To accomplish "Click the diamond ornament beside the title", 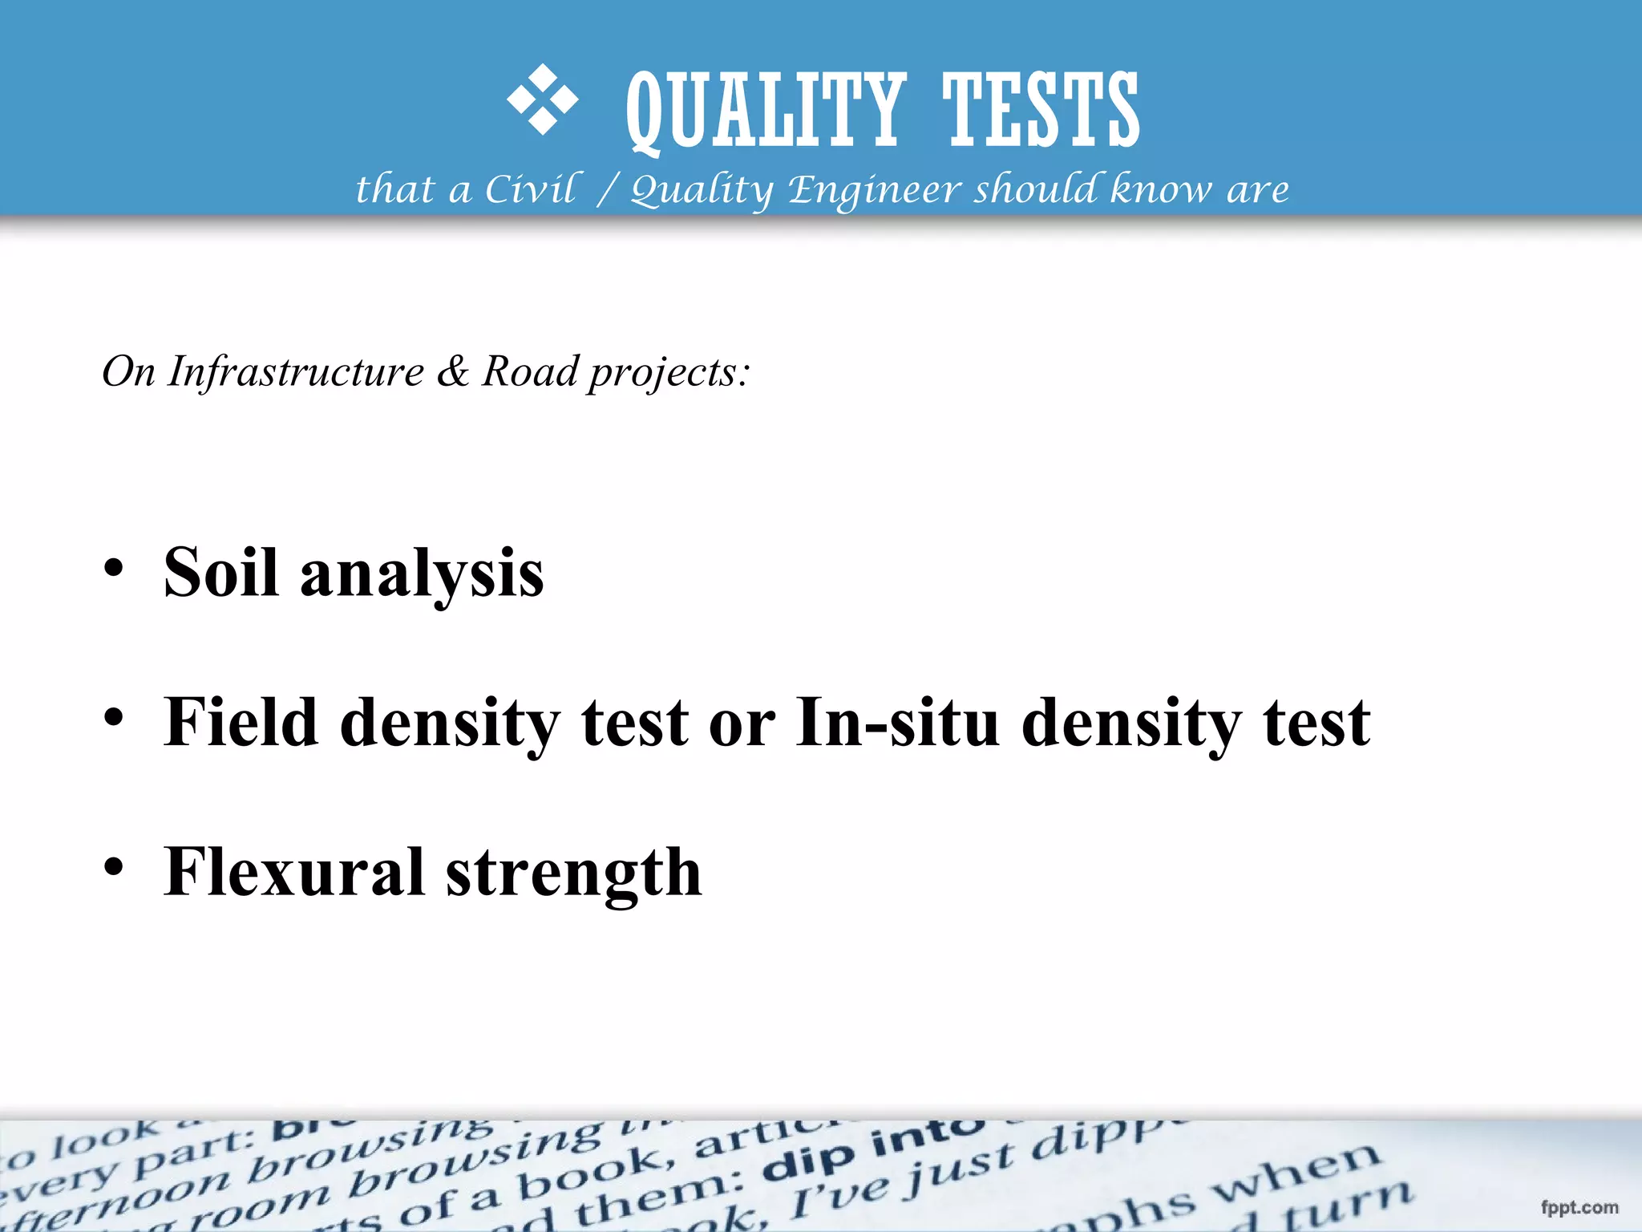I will pos(542,99).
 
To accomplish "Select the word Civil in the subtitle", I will pos(530,190).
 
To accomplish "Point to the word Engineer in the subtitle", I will pos(875,190).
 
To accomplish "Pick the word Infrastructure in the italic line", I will pos(296,371).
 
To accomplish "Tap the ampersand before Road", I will pos(453,371).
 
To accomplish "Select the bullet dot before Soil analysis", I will pos(114,568).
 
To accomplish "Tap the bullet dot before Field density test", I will pos(114,716).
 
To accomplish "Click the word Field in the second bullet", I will pos(241,722).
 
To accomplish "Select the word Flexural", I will pos(293,872).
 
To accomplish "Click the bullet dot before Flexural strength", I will pos(114,867).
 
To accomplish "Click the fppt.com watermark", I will pos(1579,1208).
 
